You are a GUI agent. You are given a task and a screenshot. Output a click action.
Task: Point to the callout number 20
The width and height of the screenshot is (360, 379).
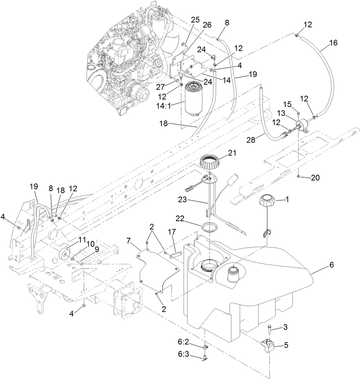tap(315, 178)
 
